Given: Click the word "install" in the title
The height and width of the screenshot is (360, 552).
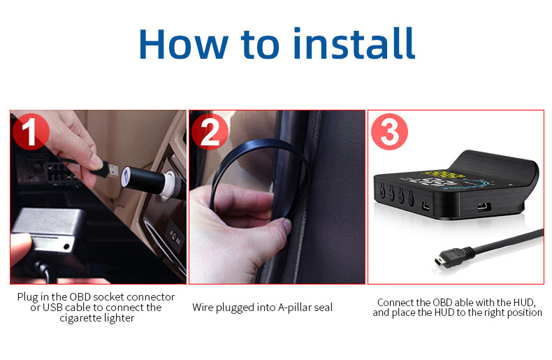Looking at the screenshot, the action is [354, 43].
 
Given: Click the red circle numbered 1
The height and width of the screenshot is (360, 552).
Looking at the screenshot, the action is [31, 131].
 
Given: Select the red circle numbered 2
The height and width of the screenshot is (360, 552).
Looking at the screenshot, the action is [210, 131].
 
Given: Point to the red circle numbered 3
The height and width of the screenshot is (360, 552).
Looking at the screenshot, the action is [389, 131].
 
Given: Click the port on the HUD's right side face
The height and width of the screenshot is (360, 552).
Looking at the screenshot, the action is [484, 206].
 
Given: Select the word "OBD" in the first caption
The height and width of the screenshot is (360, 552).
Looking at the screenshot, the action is [80, 297].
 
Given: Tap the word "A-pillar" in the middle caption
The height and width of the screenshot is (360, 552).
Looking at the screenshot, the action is [294, 308].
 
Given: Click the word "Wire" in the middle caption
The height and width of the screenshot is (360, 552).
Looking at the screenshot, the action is [203, 308].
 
